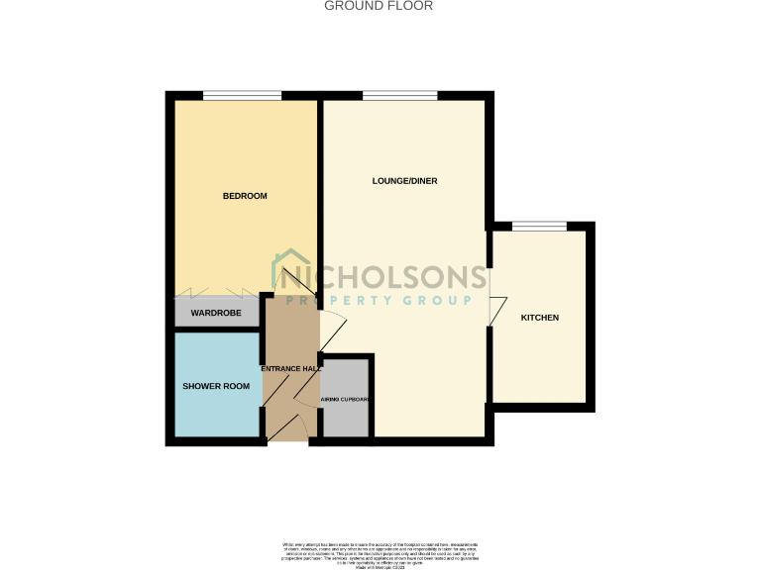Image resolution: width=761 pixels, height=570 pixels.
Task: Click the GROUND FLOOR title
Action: coord(380,6)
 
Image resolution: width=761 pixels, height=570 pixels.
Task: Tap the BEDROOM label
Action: coord(245,196)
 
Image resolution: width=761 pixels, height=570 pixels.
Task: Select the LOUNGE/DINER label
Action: coord(404,181)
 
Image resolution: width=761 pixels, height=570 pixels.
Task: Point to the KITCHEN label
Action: coord(540,318)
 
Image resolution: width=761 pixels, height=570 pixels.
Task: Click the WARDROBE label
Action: coord(216,314)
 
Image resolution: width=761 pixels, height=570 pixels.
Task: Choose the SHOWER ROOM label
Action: coord(216,386)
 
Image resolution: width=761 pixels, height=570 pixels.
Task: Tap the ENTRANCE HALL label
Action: coord(290,369)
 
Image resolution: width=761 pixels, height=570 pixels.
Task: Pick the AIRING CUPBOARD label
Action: coord(346,400)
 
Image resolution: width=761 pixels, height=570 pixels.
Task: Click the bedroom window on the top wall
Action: coord(242,96)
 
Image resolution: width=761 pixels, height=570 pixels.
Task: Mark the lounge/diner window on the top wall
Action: coord(399,96)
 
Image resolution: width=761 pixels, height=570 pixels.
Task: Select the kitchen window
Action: coord(539,227)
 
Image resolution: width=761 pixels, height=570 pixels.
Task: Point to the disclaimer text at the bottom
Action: coord(380,553)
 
